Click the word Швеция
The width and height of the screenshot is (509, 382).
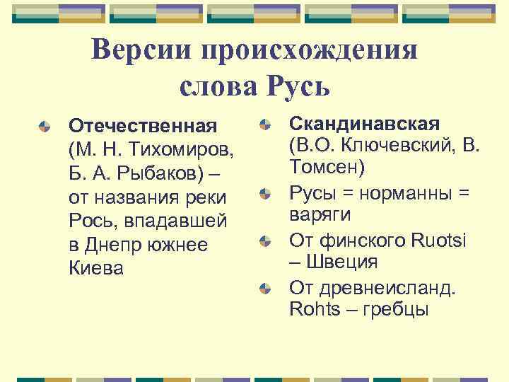[x=347, y=262]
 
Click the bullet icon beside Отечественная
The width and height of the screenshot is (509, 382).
[x=45, y=127]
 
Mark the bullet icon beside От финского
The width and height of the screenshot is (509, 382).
[x=264, y=241]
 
